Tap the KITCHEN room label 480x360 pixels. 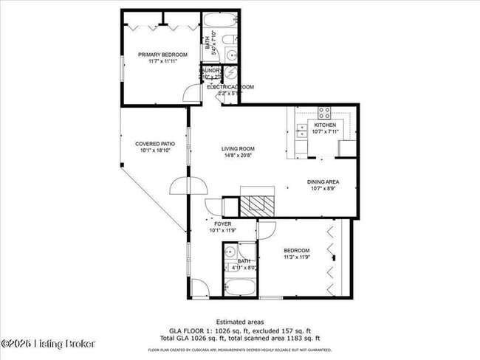[x=324, y=125]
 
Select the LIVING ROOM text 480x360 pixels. [x=238, y=148]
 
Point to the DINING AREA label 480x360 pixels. [x=323, y=181]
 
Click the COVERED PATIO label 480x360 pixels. [x=154, y=144]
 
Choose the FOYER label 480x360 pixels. [x=222, y=223]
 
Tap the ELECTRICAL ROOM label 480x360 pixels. [x=230, y=87]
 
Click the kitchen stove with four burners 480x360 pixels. [x=323, y=113]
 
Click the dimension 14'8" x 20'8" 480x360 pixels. [x=238, y=156]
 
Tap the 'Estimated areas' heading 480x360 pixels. [x=239, y=322]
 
